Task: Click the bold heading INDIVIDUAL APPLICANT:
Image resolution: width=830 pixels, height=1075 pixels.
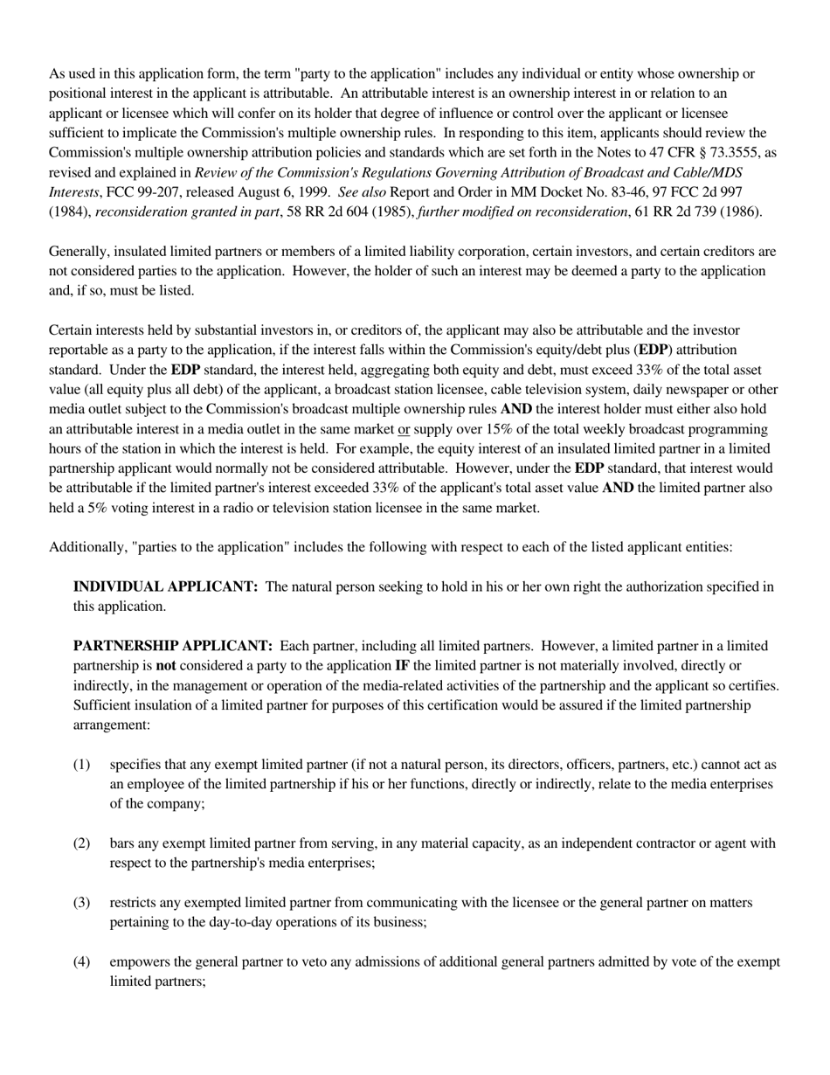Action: [x=165, y=586]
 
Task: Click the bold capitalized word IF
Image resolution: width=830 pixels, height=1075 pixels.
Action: [x=402, y=666]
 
